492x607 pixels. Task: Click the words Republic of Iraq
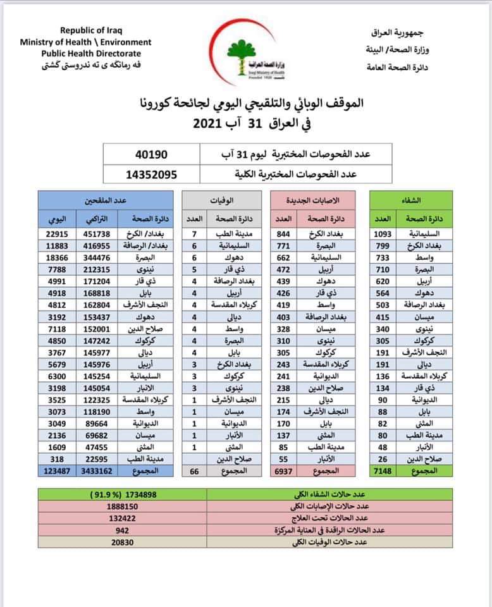click(x=92, y=30)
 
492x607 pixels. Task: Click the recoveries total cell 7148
click(x=383, y=472)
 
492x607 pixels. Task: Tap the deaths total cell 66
click(x=195, y=472)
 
